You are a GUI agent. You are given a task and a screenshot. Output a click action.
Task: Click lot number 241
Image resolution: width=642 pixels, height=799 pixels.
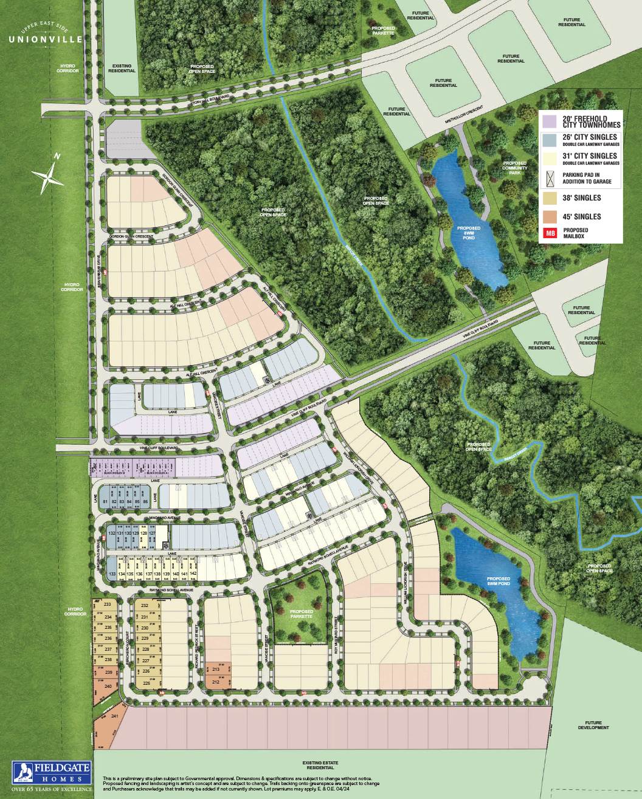click(x=115, y=716)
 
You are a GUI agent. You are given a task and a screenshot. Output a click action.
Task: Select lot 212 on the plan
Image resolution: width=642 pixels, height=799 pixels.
click(x=216, y=682)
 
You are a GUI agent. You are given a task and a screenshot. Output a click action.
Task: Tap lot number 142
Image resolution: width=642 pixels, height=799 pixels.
click(x=193, y=574)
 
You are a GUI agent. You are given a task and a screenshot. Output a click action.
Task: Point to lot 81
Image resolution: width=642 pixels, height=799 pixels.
click(x=105, y=501)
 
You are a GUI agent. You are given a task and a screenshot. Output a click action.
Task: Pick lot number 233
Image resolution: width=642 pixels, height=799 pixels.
click(x=108, y=605)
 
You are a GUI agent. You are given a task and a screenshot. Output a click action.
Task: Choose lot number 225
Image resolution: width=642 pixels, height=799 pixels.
click(x=145, y=683)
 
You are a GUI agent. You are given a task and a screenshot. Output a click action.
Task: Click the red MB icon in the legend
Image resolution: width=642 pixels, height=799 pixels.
click(x=550, y=233)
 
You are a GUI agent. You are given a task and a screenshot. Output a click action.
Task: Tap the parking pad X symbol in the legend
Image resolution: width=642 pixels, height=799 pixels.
click(x=550, y=178)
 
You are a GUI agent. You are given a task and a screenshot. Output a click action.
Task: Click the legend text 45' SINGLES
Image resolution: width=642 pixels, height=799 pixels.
click(x=581, y=216)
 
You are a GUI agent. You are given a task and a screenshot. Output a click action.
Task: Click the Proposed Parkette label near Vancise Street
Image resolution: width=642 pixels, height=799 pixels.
click(x=302, y=614)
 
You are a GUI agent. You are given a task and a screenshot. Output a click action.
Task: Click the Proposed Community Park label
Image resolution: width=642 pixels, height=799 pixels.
click(x=515, y=168)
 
